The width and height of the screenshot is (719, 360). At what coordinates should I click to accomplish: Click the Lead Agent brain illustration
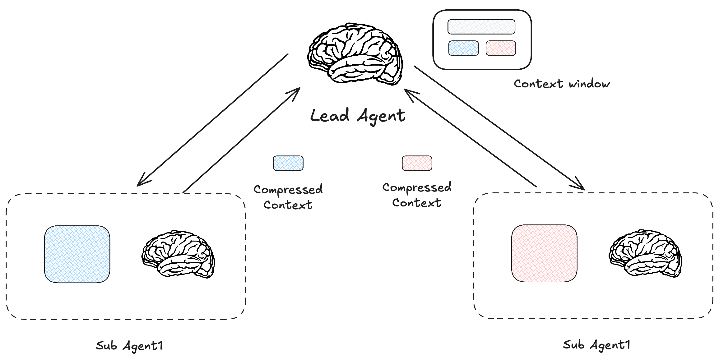pyautogui.click(x=355, y=54)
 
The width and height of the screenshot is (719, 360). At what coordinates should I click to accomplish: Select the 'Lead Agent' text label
pyautogui.click(x=358, y=116)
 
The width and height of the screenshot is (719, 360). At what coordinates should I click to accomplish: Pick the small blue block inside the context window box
pyautogui.click(x=463, y=48)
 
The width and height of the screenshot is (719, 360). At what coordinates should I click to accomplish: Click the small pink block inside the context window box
pyautogui.click(x=501, y=48)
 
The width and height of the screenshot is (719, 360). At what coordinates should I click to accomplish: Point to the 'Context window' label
pyautogui.click(x=562, y=84)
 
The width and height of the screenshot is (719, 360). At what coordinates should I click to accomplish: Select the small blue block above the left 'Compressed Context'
pyautogui.click(x=288, y=163)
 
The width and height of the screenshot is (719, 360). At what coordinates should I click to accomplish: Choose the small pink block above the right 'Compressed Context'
pyautogui.click(x=417, y=163)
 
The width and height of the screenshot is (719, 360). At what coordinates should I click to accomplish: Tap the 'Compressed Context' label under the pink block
pyautogui.click(x=417, y=195)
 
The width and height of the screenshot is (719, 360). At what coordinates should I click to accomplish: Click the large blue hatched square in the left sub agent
pyautogui.click(x=77, y=254)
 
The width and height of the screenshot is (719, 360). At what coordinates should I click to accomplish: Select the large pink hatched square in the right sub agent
pyautogui.click(x=544, y=253)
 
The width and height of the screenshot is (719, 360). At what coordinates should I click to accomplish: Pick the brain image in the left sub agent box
pyautogui.click(x=178, y=254)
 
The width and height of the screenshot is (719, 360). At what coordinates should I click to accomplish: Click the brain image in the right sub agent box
pyautogui.click(x=645, y=253)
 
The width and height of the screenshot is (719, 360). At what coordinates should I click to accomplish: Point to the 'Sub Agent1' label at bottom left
pyautogui.click(x=129, y=346)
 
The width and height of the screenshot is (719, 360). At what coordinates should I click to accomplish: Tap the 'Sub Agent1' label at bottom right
pyautogui.click(x=596, y=345)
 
